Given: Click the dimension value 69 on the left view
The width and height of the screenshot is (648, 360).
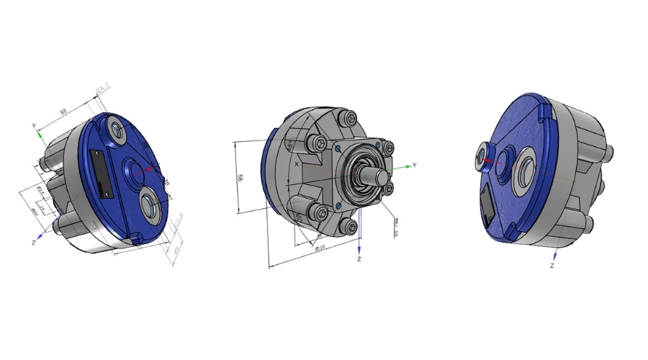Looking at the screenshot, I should [63, 112].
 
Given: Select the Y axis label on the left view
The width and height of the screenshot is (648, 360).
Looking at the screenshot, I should [34, 125].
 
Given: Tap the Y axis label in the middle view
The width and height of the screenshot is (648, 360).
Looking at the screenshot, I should [414, 165].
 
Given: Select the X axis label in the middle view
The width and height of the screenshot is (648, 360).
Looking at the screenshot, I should [297, 164].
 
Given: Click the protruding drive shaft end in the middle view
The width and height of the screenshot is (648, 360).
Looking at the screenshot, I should [379, 174].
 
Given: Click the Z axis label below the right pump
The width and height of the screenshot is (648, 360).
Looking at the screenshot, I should [552, 266].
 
